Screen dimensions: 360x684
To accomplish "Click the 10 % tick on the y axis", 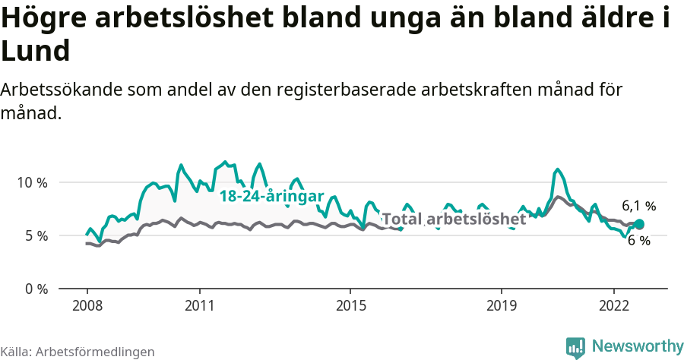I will point(31,182).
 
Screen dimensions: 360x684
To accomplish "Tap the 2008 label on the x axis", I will point(87,305).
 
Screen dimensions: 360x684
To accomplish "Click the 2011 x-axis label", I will point(199,305).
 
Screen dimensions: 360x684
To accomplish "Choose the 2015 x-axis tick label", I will point(350,305).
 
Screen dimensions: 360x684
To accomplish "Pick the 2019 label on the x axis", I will point(501,305).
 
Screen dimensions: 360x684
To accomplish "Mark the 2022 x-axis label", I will point(614,305).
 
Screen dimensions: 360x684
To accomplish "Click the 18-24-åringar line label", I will point(271,196).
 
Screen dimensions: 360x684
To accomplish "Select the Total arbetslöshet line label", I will point(453,219).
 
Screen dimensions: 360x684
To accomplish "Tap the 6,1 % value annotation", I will point(638,206).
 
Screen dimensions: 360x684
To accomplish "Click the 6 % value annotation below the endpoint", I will point(638,241).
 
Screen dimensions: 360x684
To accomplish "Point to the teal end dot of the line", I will point(639,224).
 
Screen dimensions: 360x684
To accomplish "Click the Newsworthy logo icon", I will point(575,346).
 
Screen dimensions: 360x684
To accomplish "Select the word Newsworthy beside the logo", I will point(637,346).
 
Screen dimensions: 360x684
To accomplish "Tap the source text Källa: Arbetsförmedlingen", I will point(78,352).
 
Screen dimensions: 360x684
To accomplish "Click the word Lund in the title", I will point(36,51).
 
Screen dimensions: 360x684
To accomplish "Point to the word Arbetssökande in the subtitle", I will point(60,90).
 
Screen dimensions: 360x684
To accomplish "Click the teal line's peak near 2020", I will point(558,169).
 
